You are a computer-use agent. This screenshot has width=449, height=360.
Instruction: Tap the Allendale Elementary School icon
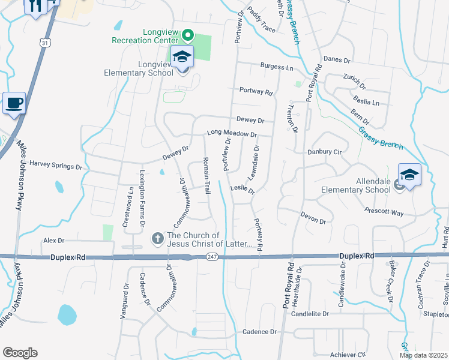(409, 175)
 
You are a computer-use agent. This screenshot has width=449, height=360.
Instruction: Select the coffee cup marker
(14, 103)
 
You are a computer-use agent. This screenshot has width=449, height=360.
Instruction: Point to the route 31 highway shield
(46, 43)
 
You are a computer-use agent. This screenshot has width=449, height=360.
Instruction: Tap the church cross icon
(158, 239)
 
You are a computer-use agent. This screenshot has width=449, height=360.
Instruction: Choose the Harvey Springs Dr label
(56, 164)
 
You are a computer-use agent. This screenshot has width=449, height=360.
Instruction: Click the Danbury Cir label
(323, 152)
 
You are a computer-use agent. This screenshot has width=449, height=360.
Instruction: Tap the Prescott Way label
(384, 211)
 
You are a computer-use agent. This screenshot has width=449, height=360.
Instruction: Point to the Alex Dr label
(53, 240)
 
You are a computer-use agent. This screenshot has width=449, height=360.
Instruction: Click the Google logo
(20, 353)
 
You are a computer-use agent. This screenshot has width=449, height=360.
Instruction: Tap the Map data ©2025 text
(424, 355)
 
